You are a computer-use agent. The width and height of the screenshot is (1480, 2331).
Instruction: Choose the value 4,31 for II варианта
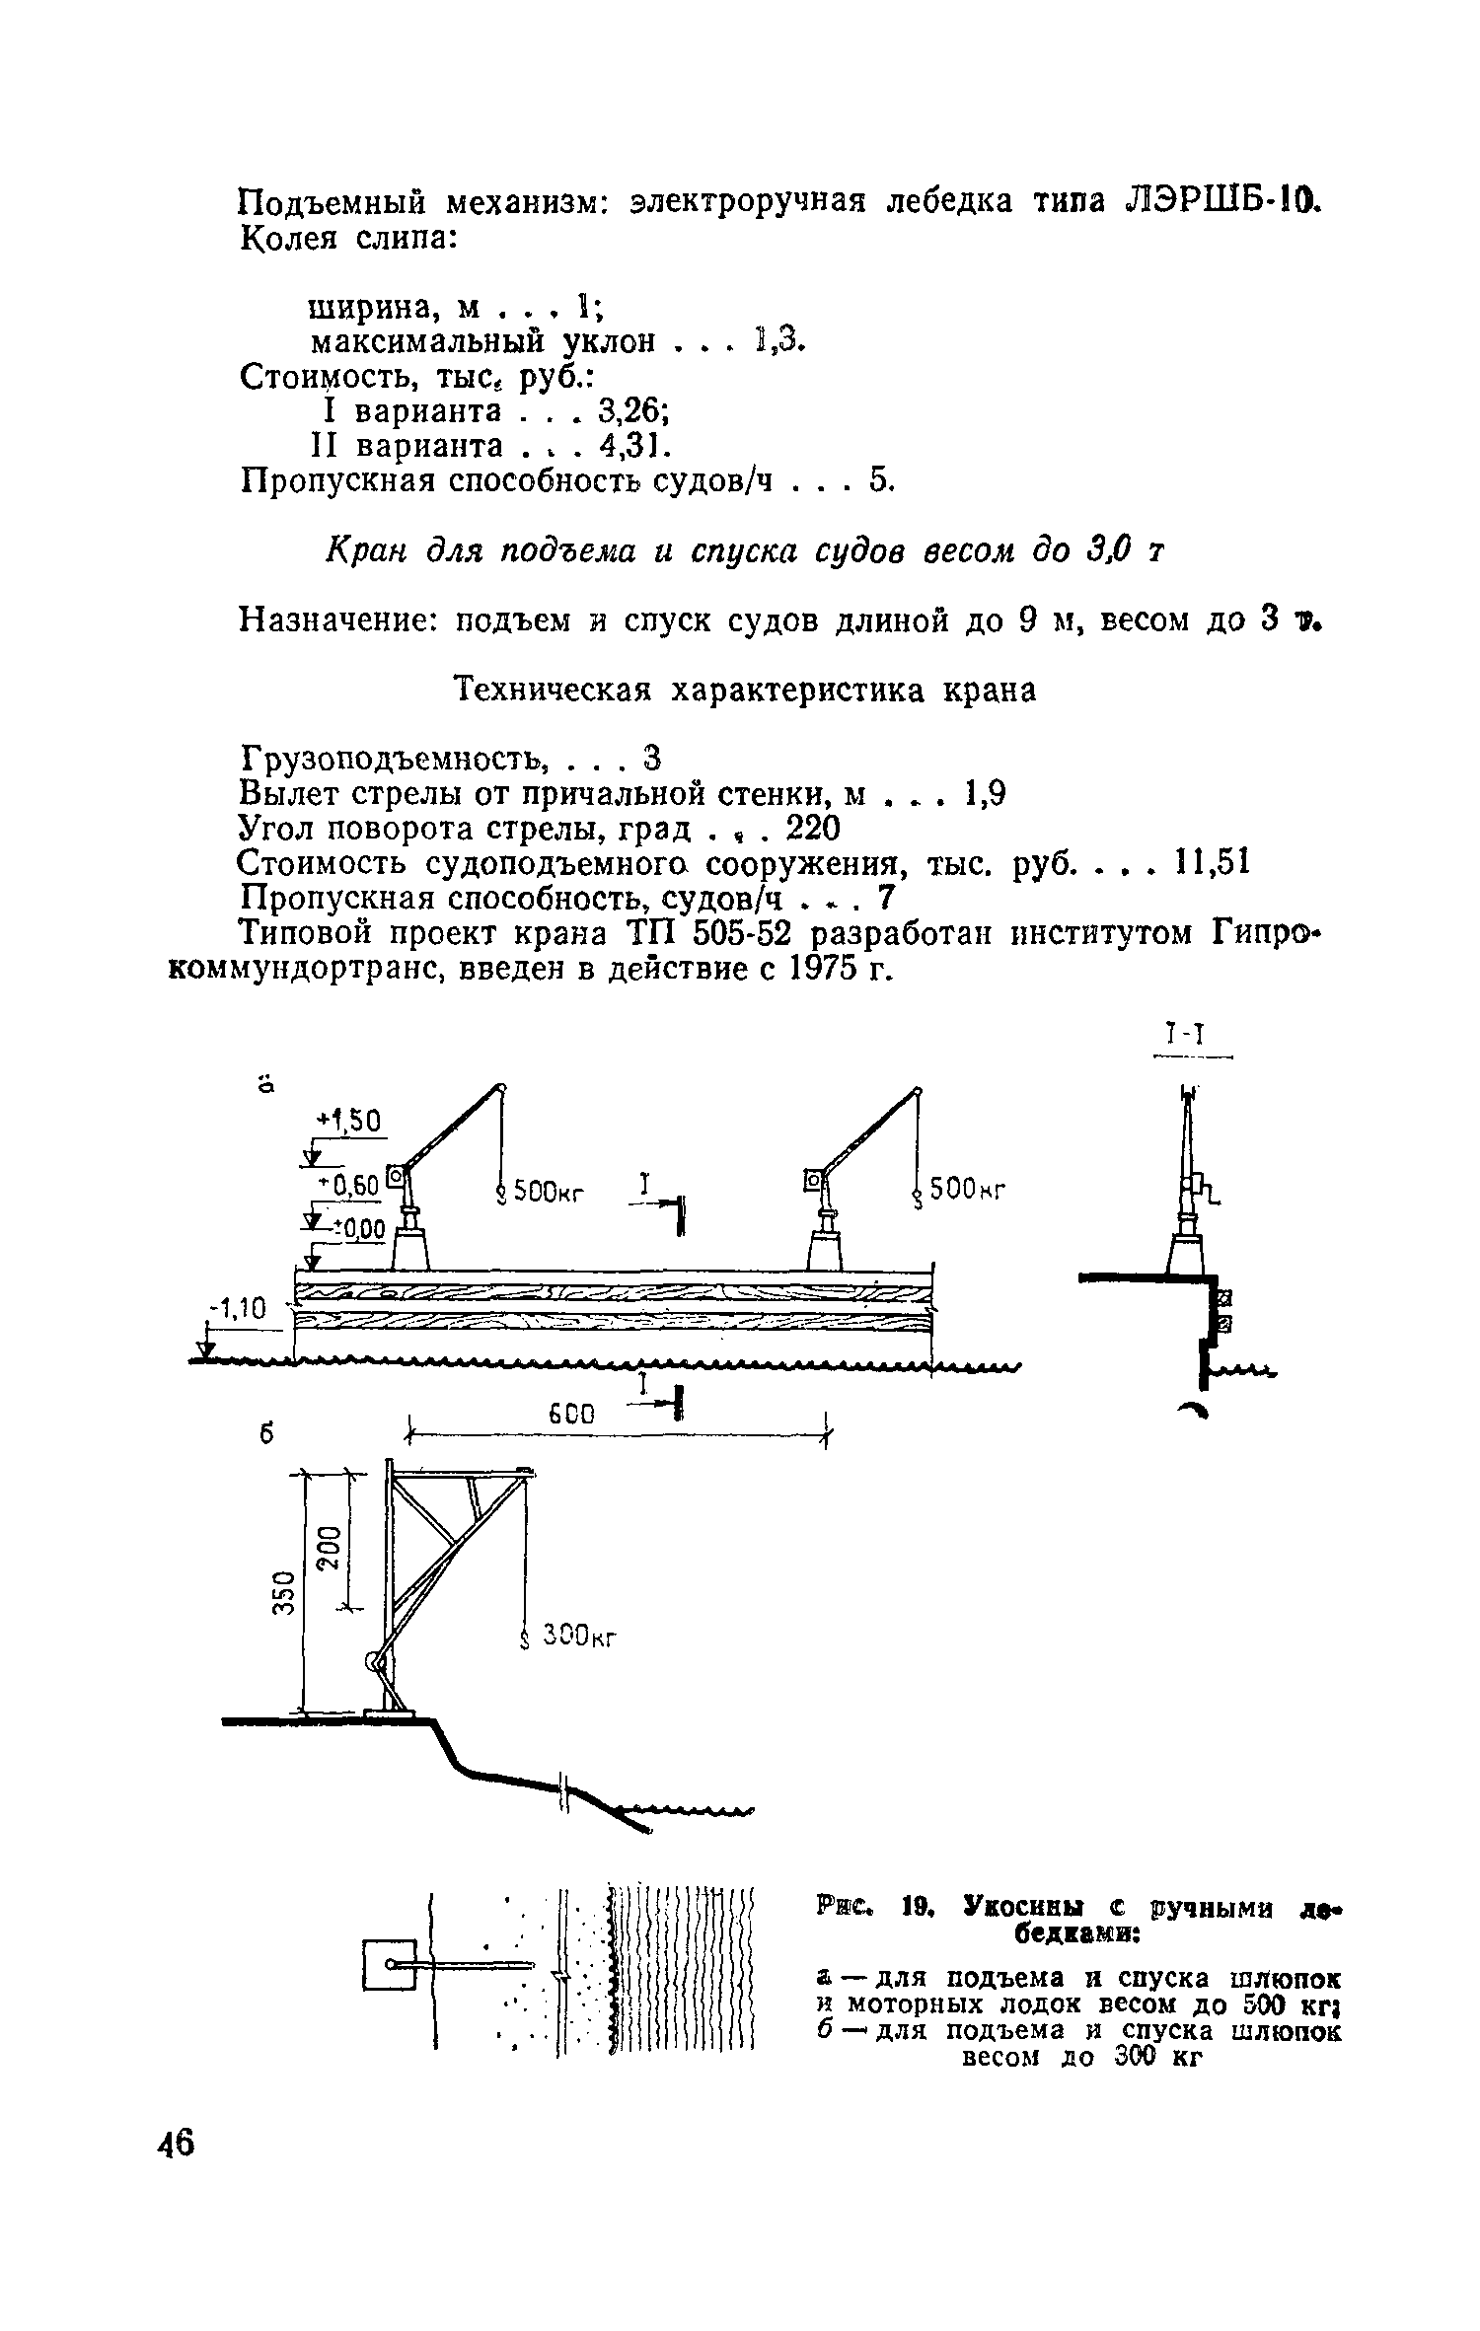(634, 446)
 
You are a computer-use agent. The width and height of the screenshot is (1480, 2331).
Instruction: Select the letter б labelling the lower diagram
(266, 1436)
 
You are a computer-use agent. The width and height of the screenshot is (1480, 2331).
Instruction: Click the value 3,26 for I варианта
(634, 410)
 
